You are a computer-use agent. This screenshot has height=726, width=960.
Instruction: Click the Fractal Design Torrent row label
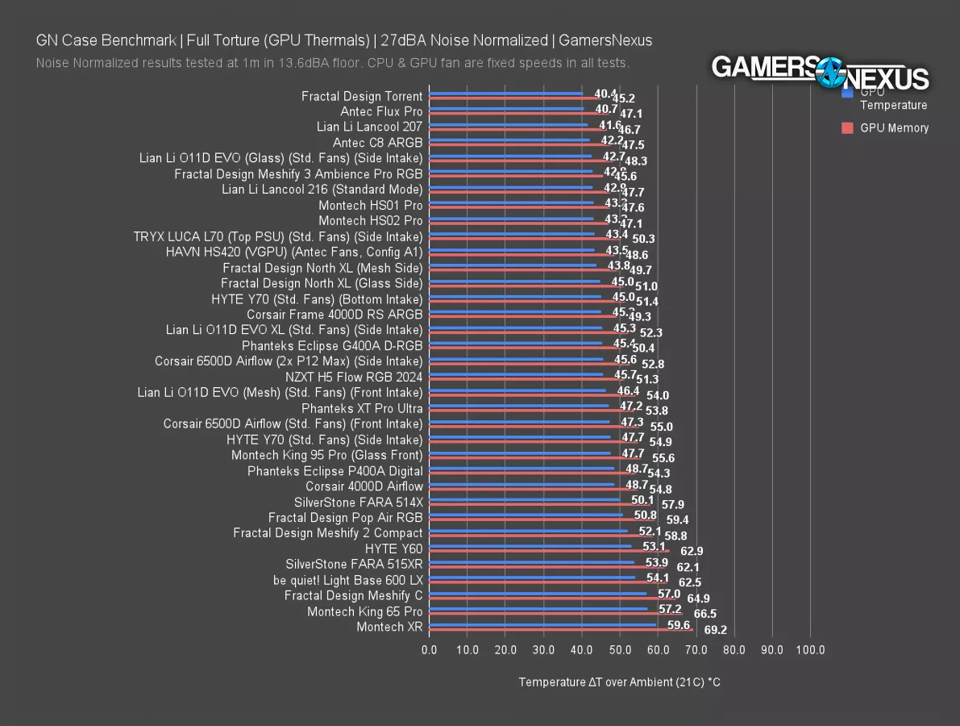pyautogui.click(x=362, y=96)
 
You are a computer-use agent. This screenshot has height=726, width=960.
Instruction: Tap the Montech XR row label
pyautogui.click(x=389, y=627)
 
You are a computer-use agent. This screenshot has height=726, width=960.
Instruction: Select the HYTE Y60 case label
pyautogui.click(x=393, y=549)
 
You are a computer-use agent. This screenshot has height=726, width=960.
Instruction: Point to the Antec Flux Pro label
pyautogui.click(x=381, y=111)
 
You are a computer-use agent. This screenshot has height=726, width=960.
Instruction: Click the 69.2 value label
pyautogui.click(x=715, y=629)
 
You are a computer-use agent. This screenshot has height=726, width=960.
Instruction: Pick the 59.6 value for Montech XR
pyautogui.click(x=679, y=625)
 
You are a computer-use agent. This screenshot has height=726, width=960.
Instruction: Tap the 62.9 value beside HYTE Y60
pyautogui.click(x=692, y=552)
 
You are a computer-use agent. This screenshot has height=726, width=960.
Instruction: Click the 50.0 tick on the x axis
pyautogui.click(x=620, y=650)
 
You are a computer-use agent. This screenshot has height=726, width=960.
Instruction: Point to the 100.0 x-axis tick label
pyautogui.click(x=810, y=650)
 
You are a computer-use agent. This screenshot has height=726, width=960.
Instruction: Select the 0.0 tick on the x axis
pyautogui.click(x=430, y=650)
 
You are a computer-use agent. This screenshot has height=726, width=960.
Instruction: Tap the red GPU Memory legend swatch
pyautogui.click(x=847, y=127)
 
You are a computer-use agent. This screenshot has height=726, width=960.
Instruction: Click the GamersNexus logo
pyautogui.click(x=821, y=73)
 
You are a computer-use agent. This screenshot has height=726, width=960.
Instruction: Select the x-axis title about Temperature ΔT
pyautogui.click(x=619, y=682)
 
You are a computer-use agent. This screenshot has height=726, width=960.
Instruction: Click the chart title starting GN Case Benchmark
pyautogui.click(x=344, y=40)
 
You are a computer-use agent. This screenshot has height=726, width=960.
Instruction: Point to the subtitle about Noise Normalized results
pyautogui.click(x=332, y=63)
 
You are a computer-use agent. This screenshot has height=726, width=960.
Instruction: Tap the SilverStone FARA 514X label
pyautogui.click(x=358, y=502)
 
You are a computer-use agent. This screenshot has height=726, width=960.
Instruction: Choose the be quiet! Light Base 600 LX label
pyautogui.click(x=347, y=580)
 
